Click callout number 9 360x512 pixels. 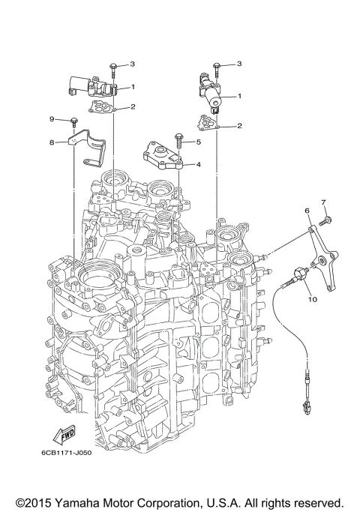coord(53,119)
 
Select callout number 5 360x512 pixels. coord(199,142)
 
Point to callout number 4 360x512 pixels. coord(199,163)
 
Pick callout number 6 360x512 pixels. coord(307,212)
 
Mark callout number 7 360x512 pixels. coord(324,202)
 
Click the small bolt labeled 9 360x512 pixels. coord(75,121)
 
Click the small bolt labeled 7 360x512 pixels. coord(328,219)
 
